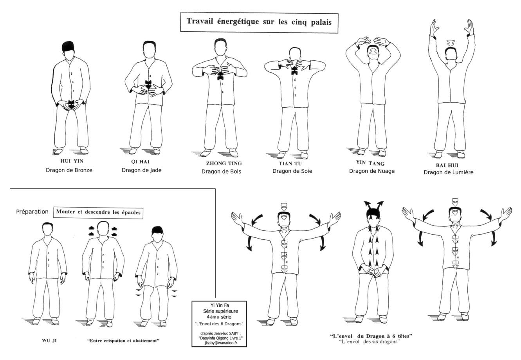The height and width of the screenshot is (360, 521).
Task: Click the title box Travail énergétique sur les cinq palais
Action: tap(259, 22)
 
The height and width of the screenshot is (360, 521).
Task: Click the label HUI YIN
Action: tap(69, 161)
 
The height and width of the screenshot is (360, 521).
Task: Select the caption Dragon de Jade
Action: tap(141, 170)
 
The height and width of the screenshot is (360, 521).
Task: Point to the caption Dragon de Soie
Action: tap(292, 171)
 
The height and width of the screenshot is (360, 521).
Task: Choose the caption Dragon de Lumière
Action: tap(448, 172)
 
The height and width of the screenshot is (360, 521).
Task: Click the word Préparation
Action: tap(32, 212)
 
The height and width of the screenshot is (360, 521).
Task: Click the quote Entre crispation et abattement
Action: tap(123, 340)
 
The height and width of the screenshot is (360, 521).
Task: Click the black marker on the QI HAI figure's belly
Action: tap(148, 84)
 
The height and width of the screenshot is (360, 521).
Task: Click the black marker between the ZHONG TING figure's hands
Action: tap(220, 75)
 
